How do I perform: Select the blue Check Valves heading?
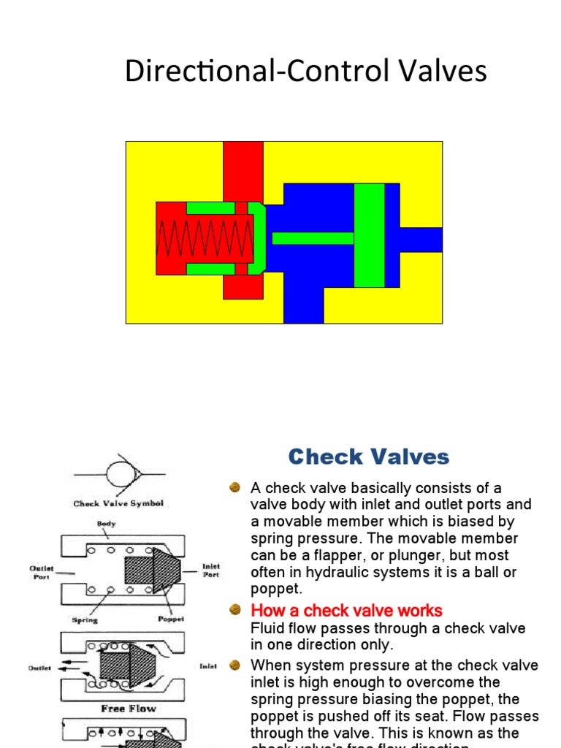pos(368,457)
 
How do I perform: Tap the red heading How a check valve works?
pos(346,610)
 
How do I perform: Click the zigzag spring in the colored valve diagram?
pos(205,239)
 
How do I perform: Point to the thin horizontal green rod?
pos(313,238)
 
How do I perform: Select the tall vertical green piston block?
pos(369,235)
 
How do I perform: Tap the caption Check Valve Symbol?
pos(118,503)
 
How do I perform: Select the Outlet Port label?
pos(42,572)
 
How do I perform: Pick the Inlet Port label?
pos(210,570)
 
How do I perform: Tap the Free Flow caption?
pos(128,708)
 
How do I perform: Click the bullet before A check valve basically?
pos(234,487)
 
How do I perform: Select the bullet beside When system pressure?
pos(234,665)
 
